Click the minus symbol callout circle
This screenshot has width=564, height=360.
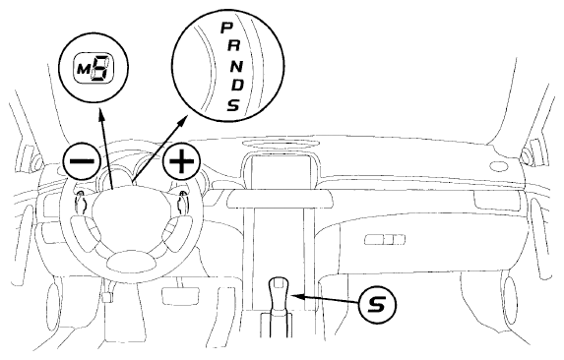82,160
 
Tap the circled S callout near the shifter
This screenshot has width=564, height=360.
377,305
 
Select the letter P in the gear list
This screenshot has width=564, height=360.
225,28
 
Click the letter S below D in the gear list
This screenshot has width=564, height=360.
233,105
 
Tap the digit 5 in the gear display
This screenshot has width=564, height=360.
99,68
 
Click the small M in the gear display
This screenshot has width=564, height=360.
84,69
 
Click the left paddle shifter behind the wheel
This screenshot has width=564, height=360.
81,202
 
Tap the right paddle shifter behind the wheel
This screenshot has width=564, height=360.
183,202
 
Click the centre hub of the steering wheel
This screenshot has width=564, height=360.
129,208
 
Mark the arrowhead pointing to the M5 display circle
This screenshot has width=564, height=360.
101,116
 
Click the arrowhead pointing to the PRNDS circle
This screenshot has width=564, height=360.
183,121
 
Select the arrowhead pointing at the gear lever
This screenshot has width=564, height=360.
298,296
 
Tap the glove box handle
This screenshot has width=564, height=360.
384,239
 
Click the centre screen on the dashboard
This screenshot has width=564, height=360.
281,172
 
